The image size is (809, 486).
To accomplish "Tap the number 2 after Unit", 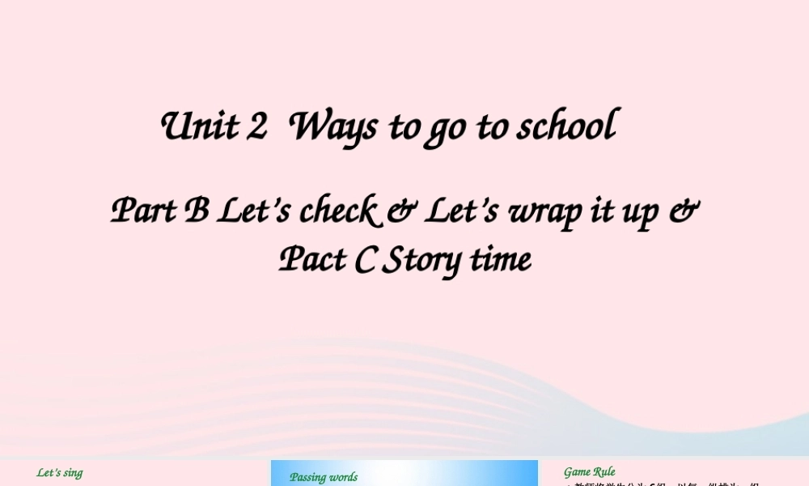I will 257,127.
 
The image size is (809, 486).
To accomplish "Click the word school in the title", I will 568,127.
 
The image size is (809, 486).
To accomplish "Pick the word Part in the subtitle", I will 143,211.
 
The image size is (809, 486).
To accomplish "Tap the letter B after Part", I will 197,211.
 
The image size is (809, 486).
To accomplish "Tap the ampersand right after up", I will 685,211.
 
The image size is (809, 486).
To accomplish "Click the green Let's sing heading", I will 60,473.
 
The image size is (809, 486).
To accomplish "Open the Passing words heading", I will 324,477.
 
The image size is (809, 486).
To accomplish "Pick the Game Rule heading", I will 590,472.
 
